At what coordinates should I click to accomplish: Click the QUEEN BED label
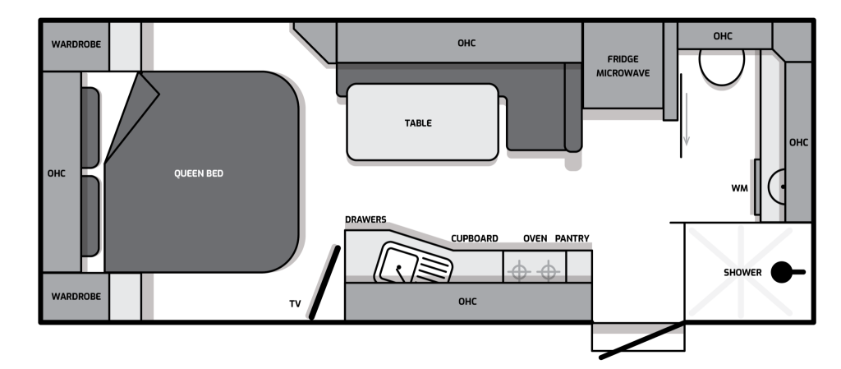199,173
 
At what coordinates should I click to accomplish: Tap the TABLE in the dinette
423,122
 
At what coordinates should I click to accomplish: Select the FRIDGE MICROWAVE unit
623,66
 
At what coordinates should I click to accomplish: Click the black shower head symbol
788,272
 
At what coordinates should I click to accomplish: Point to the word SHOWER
742,273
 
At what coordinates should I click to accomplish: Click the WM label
740,188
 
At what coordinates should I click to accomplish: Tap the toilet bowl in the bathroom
721,67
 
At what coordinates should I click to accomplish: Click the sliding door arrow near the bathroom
686,119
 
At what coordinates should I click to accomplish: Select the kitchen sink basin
398,265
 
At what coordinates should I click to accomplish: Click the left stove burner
519,271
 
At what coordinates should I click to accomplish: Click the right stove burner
548,271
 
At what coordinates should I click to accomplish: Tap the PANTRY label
572,238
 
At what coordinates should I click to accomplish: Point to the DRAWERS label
365,219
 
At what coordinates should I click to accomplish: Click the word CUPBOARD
474,238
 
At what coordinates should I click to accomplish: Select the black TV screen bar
324,283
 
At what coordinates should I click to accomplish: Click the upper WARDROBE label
76,44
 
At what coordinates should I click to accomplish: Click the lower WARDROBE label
76,296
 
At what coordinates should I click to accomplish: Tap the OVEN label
535,238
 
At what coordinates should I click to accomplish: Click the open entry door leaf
642,339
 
